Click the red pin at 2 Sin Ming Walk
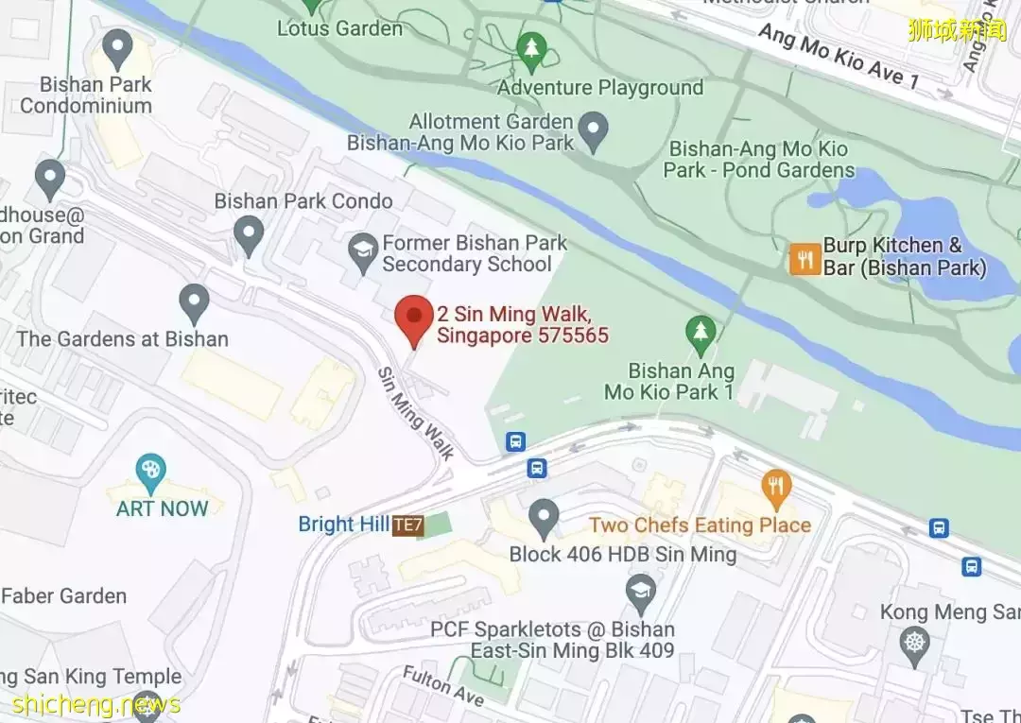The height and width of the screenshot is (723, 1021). [x=413, y=318]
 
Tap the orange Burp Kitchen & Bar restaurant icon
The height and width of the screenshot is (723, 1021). [x=805, y=258]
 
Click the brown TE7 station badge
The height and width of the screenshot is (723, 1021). [x=407, y=525]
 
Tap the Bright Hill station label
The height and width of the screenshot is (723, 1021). [x=343, y=525]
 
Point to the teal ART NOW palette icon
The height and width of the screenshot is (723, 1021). [x=149, y=470]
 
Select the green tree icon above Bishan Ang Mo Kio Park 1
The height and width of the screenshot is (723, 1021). [x=700, y=331]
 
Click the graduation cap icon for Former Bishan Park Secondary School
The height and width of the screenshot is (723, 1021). [x=362, y=251]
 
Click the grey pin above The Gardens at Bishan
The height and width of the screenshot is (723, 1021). [x=194, y=301]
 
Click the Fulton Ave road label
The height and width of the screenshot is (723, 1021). [x=443, y=686]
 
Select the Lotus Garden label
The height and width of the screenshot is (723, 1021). [x=339, y=28]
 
